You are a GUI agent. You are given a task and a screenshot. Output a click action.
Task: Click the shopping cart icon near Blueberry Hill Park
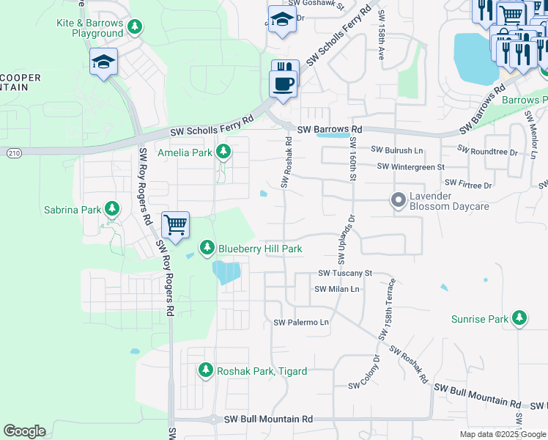pos(176,224)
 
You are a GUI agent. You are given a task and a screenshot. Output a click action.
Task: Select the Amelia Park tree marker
pos(223,153)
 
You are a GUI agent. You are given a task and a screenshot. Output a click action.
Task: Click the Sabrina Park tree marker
pos(112,210)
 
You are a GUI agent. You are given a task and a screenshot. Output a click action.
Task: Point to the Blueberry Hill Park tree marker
pos(208,249)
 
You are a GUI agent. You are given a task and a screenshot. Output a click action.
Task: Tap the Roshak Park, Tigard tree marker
pos(207,370)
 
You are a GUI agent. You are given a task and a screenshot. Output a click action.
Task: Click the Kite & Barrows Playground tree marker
pos(134,28)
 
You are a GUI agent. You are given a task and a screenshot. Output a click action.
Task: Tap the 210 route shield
pos(14,153)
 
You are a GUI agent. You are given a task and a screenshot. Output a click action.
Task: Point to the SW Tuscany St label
pos(345,273)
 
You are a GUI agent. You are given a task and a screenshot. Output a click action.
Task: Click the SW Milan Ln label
pos(337,289)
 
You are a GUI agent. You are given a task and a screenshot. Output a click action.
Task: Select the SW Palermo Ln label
pos(301,323)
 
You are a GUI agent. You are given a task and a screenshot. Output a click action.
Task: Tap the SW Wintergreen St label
pos(411,166)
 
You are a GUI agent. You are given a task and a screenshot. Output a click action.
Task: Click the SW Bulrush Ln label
pos(397,150)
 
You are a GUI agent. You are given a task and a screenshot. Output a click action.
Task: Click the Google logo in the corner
pos(24,431)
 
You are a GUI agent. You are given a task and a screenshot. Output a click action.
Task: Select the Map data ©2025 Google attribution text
pos(503,434)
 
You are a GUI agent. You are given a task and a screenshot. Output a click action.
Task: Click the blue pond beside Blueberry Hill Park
pos(226,274)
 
